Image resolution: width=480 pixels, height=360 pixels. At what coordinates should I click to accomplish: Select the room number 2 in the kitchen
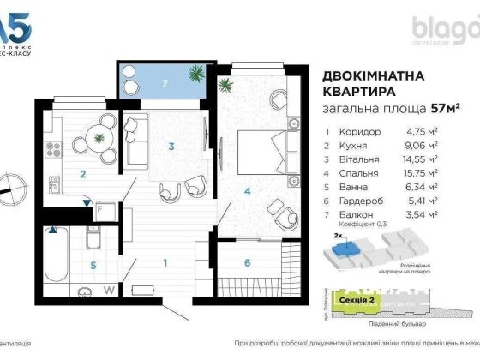click(82, 175)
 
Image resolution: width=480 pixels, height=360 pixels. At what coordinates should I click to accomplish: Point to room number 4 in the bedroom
click(247, 191)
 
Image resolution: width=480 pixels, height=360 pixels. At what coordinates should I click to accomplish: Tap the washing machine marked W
click(110, 289)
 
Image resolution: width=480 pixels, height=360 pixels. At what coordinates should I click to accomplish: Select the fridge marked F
click(99, 208)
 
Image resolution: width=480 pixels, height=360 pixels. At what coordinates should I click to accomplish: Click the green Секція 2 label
click(353, 301)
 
